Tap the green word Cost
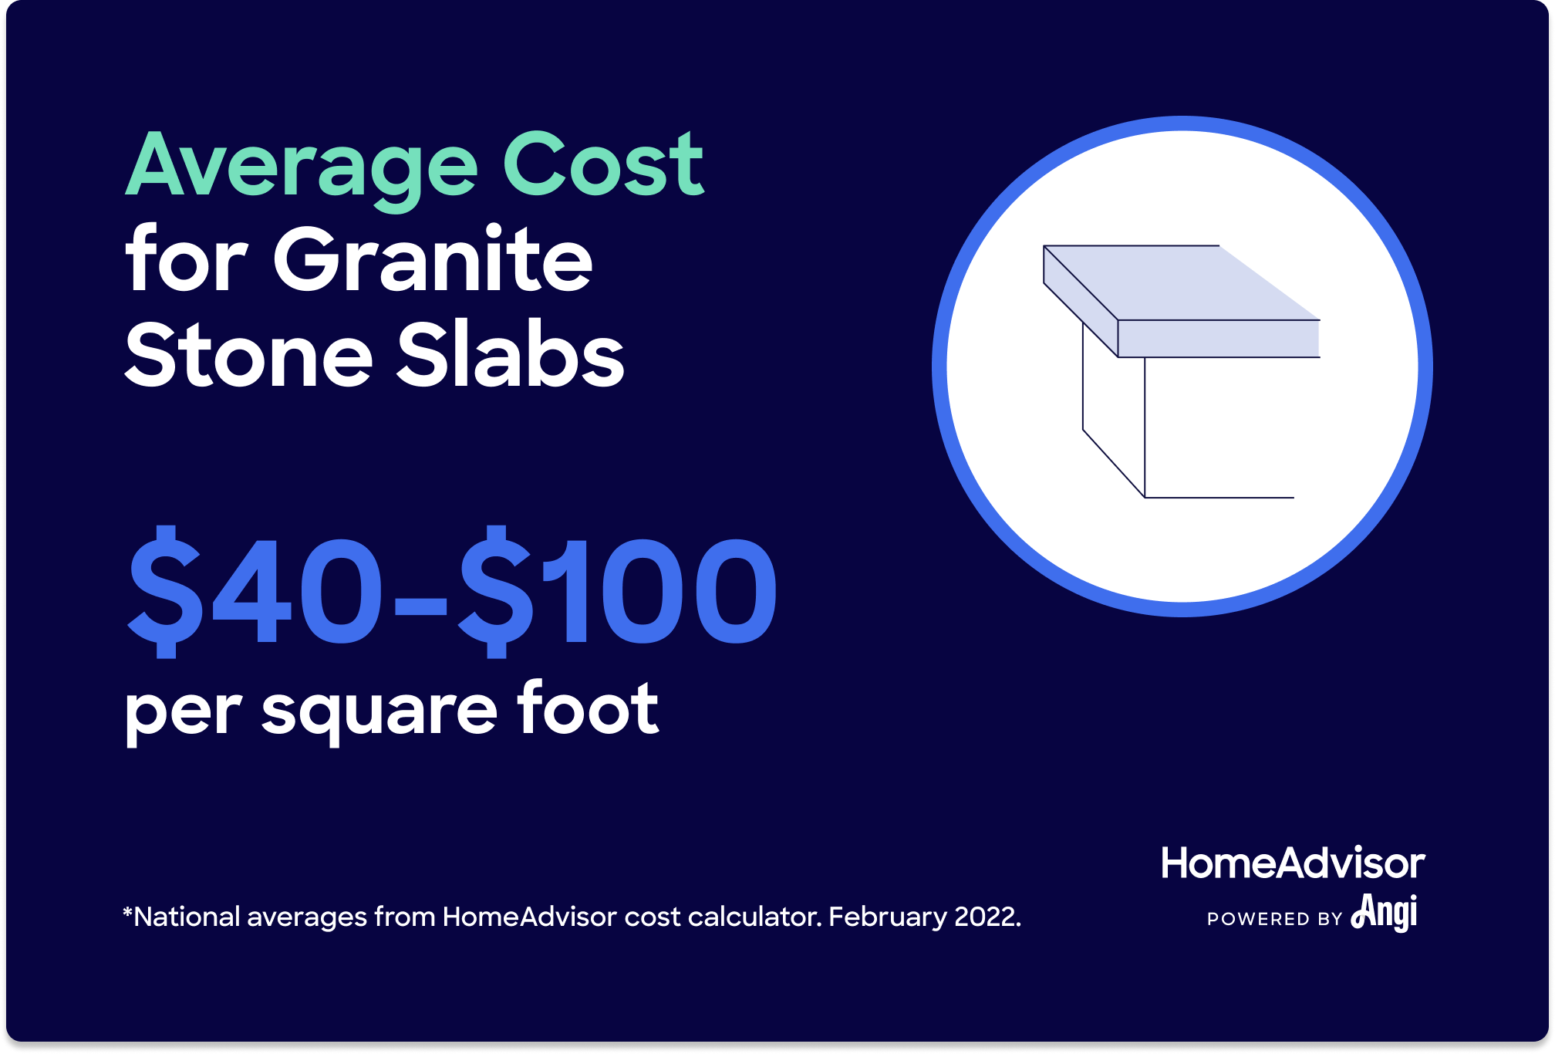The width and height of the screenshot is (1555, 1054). click(x=603, y=164)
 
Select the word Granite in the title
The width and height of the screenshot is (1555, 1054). click(x=433, y=258)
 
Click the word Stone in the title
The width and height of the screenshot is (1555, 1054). click(x=248, y=353)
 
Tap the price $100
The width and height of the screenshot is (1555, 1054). click(x=617, y=591)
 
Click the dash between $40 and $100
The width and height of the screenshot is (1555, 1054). click(x=420, y=606)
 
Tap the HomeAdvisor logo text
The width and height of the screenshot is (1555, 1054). click(x=1293, y=863)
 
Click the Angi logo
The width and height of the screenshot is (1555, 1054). click(x=1385, y=912)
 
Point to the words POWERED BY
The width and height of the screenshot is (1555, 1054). click(x=1275, y=919)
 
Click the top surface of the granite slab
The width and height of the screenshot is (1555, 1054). click(x=1180, y=282)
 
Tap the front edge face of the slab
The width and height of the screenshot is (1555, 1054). click(x=1218, y=339)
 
